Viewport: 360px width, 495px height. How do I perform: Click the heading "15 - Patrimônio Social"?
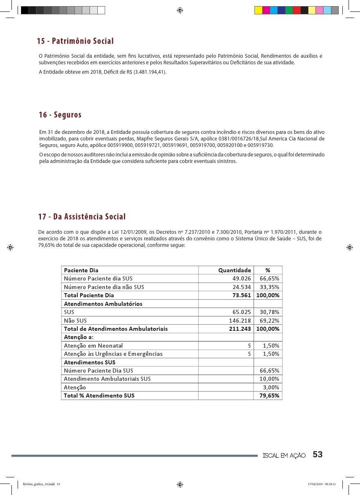[75, 41]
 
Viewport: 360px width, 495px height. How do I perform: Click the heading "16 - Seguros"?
[60, 115]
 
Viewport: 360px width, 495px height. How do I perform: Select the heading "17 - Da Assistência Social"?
[82, 217]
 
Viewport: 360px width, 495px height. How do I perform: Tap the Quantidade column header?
[234, 270]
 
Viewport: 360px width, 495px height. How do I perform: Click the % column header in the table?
[268, 270]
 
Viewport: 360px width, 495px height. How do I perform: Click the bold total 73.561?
[242, 295]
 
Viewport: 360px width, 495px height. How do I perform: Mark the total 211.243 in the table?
[240, 329]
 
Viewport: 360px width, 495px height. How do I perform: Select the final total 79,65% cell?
[270, 396]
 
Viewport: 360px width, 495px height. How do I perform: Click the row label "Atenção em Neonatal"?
[93, 346]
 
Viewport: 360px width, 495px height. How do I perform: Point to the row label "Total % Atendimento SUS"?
[99, 396]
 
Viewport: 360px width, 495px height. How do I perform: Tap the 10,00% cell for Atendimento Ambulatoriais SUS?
[270, 379]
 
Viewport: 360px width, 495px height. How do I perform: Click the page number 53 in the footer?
[317, 455]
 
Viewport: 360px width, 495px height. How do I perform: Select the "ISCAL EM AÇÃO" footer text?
[284, 456]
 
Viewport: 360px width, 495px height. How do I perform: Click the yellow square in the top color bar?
[259, 10]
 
